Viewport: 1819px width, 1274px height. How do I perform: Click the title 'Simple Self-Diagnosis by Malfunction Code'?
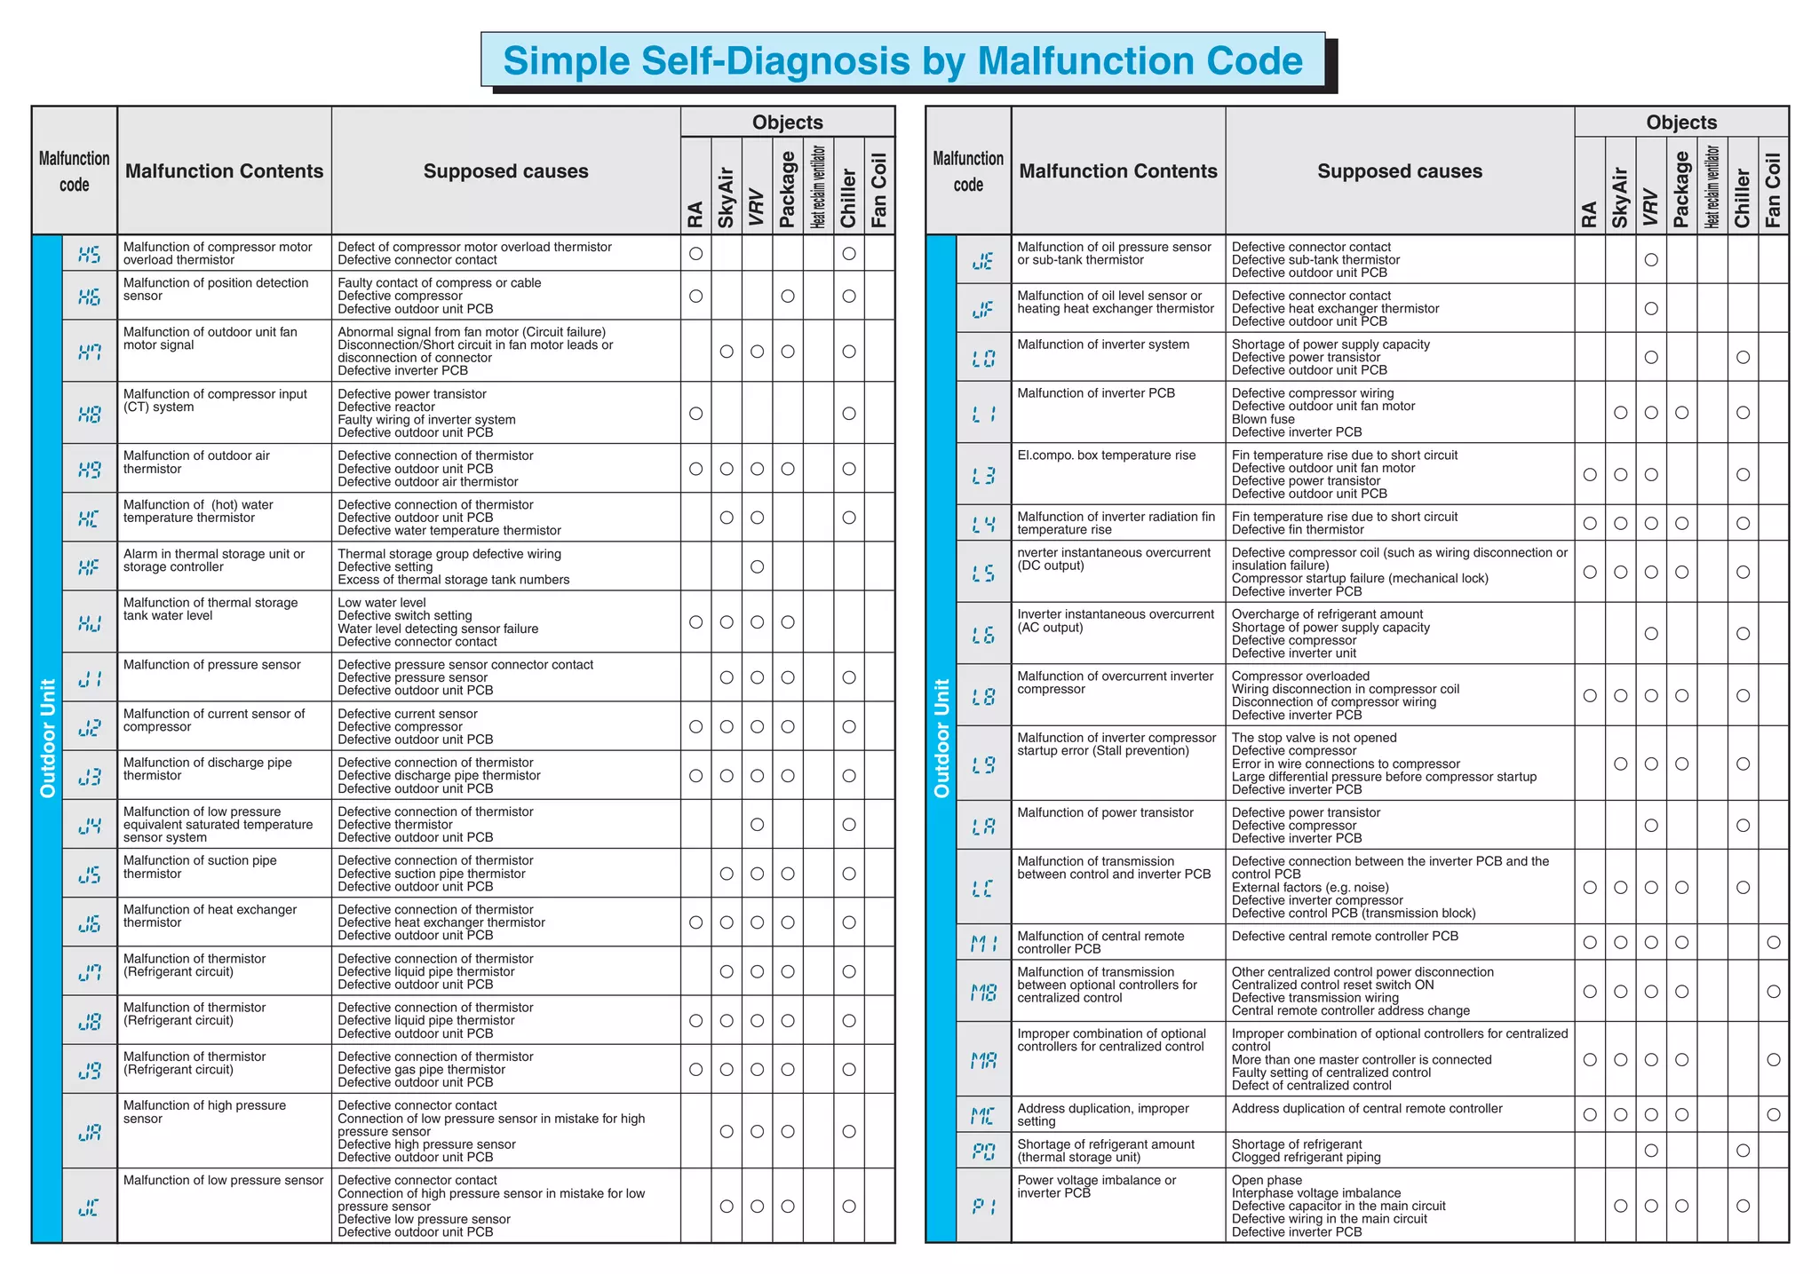pos(902,60)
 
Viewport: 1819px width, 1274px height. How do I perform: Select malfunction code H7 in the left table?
pos(90,352)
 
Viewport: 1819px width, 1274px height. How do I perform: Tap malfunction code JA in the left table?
pos(90,1132)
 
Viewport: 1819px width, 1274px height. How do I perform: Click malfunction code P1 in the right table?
pos(983,1207)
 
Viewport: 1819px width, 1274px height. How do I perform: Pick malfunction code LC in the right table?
pos(983,888)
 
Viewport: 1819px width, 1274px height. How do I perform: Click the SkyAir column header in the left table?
pos(727,197)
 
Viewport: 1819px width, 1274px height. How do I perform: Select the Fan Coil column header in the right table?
pos(1773,190)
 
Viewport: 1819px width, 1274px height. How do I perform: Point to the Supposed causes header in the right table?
pos(1399,171)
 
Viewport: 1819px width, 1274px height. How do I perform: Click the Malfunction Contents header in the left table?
pos(224,171)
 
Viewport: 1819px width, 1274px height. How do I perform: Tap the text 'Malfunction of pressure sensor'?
pos(211,665)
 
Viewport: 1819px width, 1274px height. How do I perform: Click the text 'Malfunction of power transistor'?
pos(1105,813)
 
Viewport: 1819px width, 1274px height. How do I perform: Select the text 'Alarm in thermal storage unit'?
pos(213,554)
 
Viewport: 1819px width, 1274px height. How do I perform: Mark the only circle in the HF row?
pos(757,566)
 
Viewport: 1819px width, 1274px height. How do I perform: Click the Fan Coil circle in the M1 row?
pos(1773,943)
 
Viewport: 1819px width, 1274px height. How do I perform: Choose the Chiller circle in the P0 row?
pos(1743,1151)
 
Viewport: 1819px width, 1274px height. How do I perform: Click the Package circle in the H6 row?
pos(787,297)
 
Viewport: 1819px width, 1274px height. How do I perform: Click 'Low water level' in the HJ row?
pos(382,603)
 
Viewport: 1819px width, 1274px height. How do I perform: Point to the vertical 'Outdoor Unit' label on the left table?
pos(48,739)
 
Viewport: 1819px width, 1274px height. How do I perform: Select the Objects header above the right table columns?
pos(1680,123)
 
